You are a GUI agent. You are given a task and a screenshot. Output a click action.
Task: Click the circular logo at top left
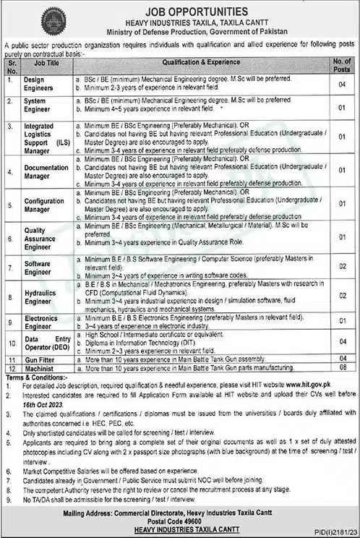53,20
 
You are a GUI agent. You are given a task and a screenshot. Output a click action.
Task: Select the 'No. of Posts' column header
342,66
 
